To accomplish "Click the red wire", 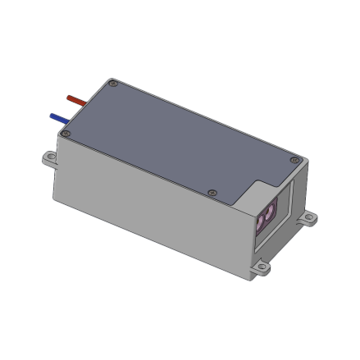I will coord(76,99).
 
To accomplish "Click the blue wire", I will coord(61,119).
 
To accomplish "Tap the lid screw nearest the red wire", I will coord(113,82).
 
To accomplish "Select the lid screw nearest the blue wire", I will coord(70,134).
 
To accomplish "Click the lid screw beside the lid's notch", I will coord(212,192).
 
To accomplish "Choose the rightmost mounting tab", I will coord(309,219).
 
